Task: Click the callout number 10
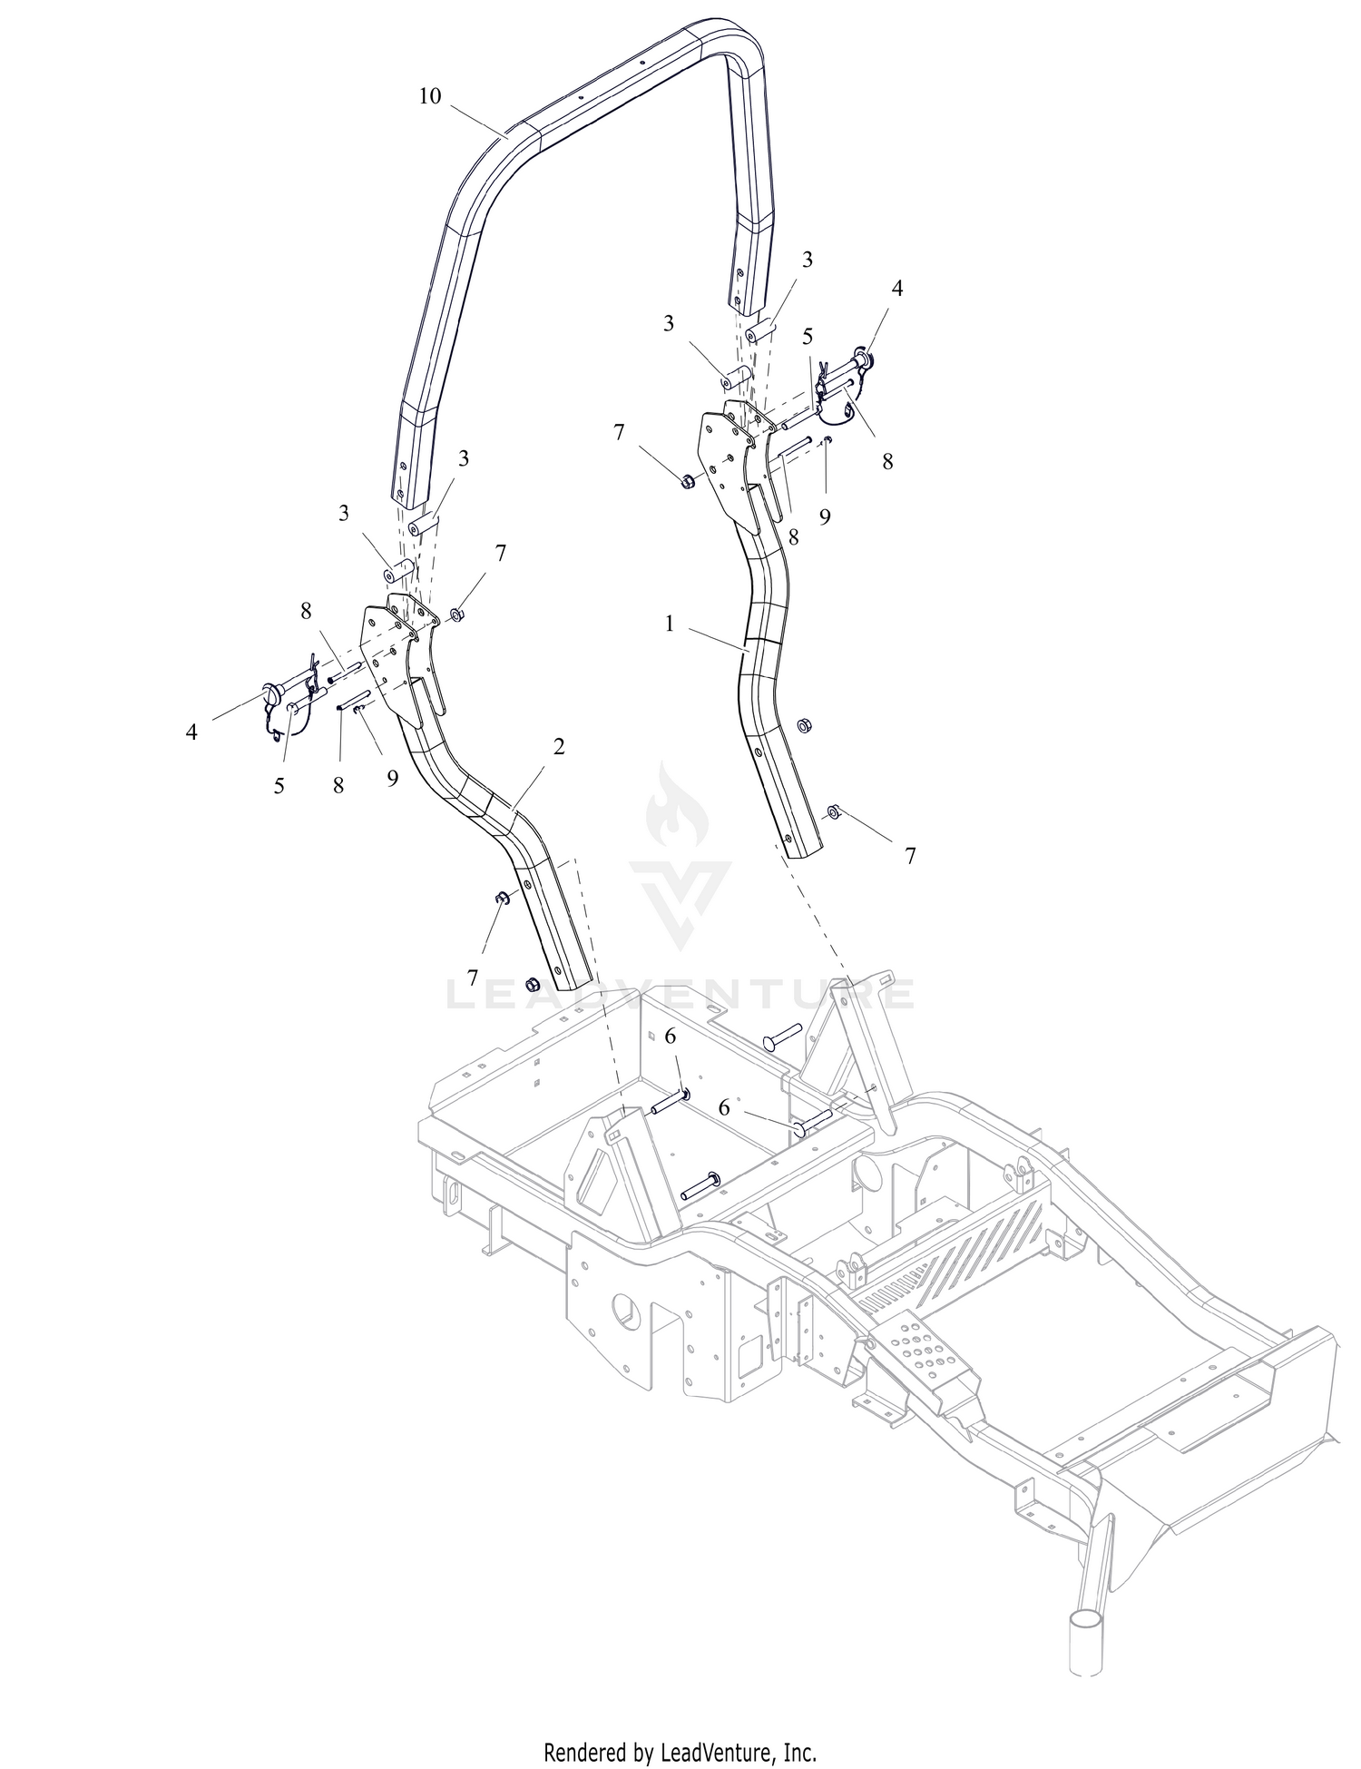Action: (x=429, y=96)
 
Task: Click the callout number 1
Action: (x=670, y=625)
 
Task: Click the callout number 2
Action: (x=559, y=747)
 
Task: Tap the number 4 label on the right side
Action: (x=897, y=289)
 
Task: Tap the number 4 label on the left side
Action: (x=191, y=732)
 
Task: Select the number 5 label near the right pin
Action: (x=808, y=336)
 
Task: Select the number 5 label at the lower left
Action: (x=279, y=786)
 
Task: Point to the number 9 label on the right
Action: (x=825, y=516)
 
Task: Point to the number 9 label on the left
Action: (x=392, y=779)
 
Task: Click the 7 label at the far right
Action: (x=910, y=855)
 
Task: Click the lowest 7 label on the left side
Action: (x=472, y=978)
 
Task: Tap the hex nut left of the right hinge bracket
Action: (x=687, y=480)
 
